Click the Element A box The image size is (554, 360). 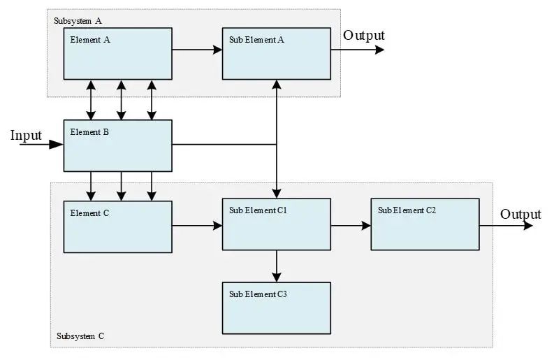tap(117, 54)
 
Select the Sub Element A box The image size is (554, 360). tap(277, 54)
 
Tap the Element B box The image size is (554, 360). tap(117, 145)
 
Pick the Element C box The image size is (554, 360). tap(117, 227)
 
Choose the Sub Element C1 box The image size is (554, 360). tap(277, 224)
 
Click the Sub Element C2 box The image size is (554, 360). tap(425, 224)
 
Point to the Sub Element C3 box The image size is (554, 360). tap(277, 308)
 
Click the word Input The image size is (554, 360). tap(26, 136)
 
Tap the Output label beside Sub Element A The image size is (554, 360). tap(364, 36)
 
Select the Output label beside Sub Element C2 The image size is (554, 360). tap(520, 215)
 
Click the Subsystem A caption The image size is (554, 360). tap(78, 21)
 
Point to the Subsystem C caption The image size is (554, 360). tap(80, 336)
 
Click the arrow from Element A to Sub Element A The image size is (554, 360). tap(197, 50)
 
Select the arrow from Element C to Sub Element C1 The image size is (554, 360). tap(197, 226)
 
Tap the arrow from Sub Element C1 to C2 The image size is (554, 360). tap(351, 225)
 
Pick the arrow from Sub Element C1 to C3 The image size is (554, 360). tap(277, 266)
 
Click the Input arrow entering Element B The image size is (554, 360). tap(41, 144)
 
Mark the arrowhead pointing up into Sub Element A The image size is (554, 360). tap(277, 84)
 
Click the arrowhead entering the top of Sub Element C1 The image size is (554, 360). tap(277, 194)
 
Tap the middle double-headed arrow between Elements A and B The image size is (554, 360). tap(121, 100)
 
